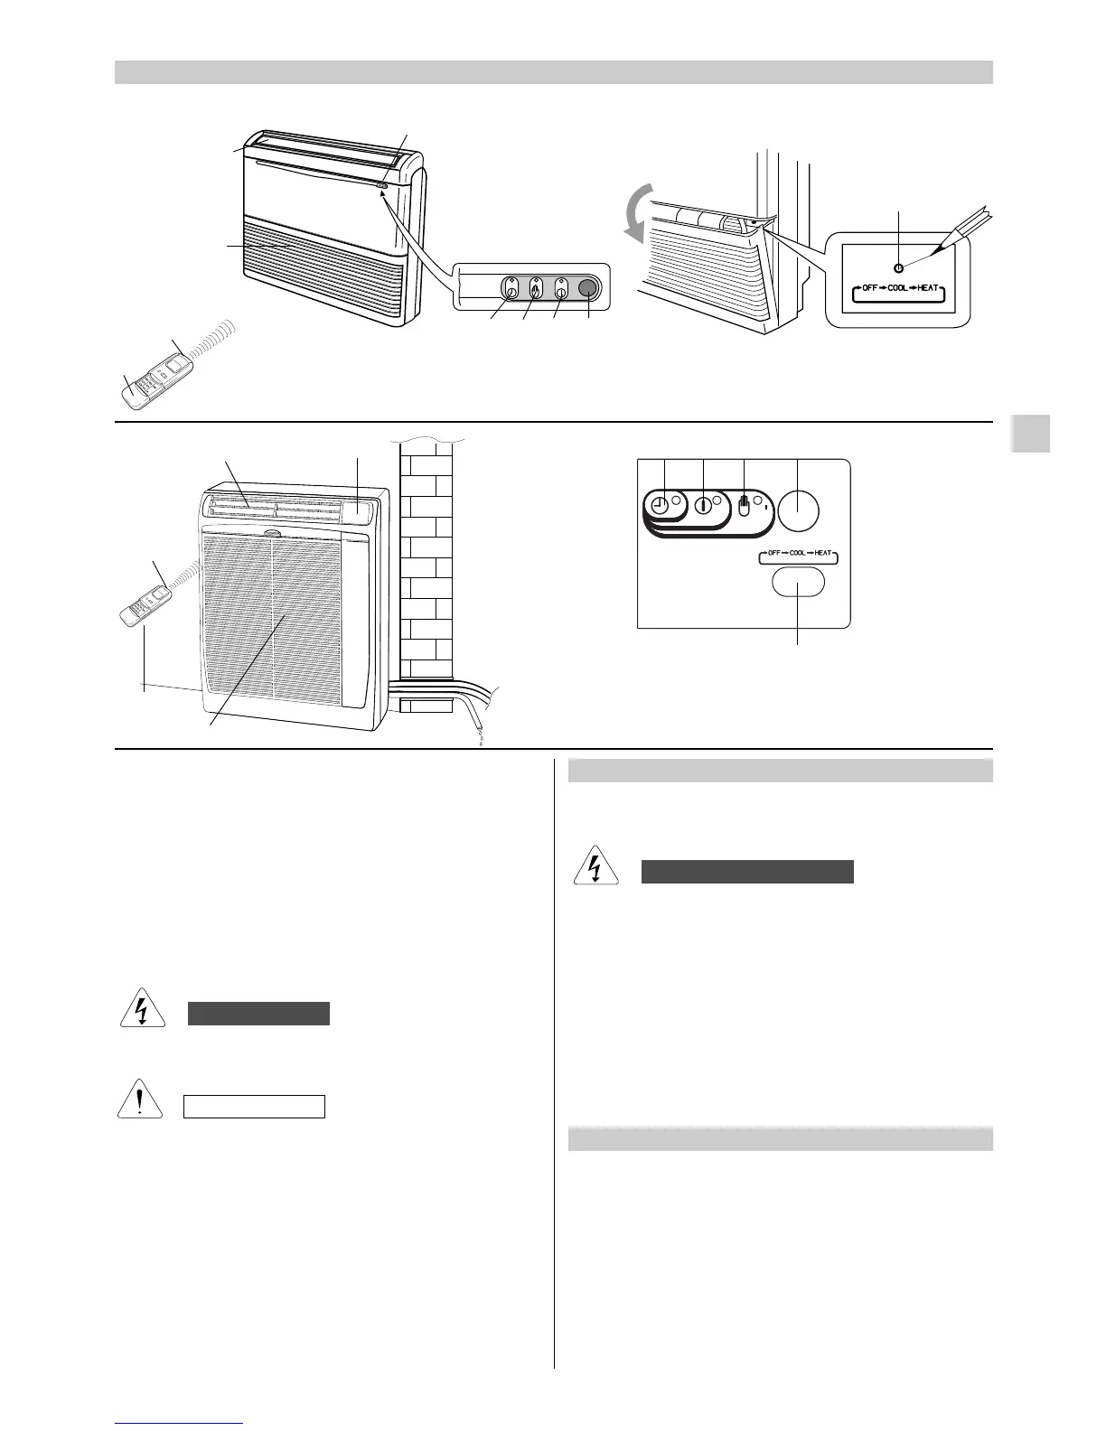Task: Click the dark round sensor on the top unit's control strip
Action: click(588, 288)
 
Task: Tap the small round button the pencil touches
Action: click(897, 268)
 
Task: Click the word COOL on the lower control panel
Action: click(797, 553)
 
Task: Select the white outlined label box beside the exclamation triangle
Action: click(254, 1107)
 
